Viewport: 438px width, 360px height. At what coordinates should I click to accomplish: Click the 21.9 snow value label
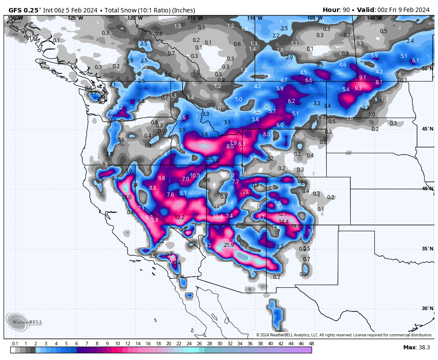229,245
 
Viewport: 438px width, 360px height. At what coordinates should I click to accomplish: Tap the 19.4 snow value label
296,226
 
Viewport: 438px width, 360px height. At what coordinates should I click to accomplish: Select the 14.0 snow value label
127,197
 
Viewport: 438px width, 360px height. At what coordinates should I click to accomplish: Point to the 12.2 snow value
180,217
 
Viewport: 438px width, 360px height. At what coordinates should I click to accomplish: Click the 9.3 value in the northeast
358,88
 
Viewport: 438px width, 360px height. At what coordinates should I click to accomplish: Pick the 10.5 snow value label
195,175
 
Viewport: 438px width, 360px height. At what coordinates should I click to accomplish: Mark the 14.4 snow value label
284,221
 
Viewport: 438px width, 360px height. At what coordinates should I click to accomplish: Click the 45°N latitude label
427,129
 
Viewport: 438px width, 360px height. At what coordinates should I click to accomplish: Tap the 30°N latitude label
427,308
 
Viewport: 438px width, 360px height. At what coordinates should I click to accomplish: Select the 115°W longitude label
195,18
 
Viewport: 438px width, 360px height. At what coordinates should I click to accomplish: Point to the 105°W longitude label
315,18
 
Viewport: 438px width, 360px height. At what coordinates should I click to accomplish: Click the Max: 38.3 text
416,348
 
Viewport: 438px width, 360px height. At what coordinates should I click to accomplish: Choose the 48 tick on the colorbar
311,344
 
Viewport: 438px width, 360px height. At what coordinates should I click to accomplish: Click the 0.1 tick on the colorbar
15,344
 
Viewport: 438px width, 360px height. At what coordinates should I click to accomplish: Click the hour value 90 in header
346,10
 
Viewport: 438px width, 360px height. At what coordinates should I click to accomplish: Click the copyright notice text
344,335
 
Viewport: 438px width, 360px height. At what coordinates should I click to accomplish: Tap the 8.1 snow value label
379,82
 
